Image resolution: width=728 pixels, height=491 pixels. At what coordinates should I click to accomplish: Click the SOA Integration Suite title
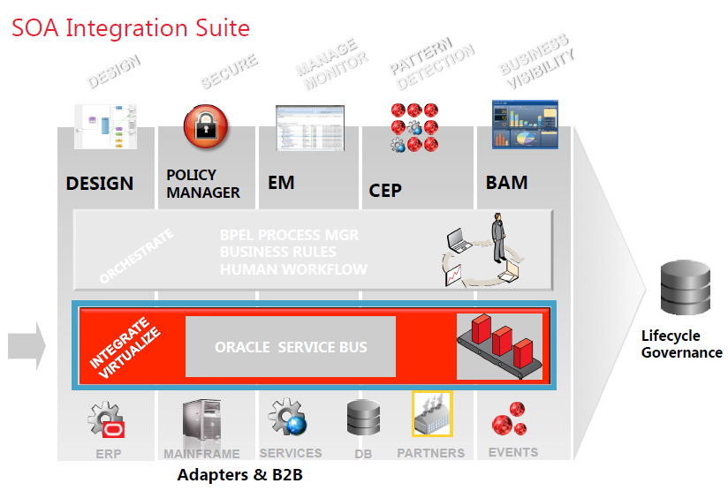[x=131, y=28]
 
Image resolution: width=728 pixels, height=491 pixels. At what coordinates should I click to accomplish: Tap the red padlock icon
[x=206, y=126]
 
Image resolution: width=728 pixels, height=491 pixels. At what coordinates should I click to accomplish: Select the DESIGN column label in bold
[x=100, y=184]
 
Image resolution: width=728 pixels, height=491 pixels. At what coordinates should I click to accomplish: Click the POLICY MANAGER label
[x=203, y=184]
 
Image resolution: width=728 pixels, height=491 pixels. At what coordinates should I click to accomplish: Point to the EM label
[x=281, y=184]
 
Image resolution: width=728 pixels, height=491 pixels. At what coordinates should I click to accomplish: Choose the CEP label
[x=385, y=190]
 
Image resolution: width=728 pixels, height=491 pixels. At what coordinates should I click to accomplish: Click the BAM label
[x=506, y=183]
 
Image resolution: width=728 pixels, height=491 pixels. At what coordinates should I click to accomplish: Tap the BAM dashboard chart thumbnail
[x=525, y=125]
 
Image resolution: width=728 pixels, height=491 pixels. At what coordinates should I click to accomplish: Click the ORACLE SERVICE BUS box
[x=291, y=347]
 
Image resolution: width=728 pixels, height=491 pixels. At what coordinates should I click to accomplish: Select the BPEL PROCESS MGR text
[x=289, y=236]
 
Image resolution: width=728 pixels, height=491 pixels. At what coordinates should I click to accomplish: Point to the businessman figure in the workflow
[x=498, y=238]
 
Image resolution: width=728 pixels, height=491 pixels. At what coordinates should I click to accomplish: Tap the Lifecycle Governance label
[x=681, y=344]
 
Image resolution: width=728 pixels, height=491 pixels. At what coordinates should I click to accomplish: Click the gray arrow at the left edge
[x=26, y=345]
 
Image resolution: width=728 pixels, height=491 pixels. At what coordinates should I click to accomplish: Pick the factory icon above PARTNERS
[x=432, y=413]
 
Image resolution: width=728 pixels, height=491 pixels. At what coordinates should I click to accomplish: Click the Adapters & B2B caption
[x=240, y=475]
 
